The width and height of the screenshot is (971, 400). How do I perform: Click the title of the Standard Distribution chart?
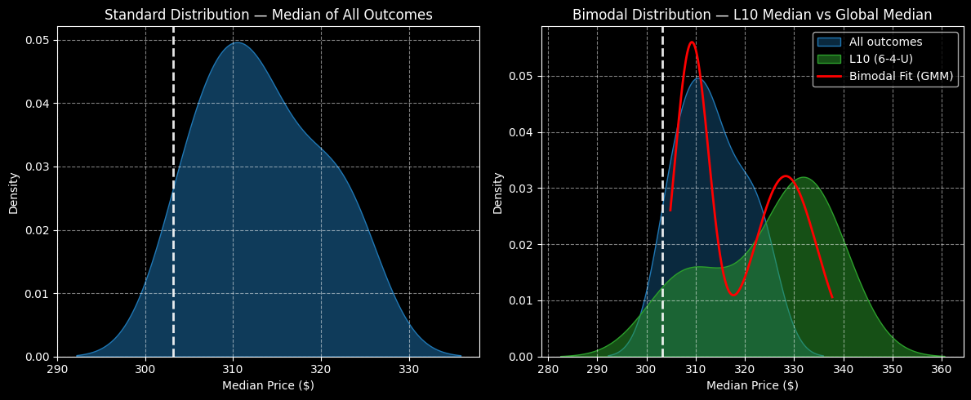(268, 15)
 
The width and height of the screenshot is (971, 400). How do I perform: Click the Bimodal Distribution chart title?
(751, 15)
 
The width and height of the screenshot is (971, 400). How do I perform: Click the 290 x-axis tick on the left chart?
(58, 368)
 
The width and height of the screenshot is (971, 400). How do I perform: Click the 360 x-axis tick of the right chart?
(942, 368)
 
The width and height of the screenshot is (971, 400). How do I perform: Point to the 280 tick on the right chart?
(549, 368)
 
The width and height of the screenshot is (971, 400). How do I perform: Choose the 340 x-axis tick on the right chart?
(844, 368)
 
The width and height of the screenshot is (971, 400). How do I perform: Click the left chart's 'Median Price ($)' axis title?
(268, 385)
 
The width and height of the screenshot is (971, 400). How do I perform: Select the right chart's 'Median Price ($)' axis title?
(751, 385)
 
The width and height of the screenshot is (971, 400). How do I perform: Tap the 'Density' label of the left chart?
(14, 193)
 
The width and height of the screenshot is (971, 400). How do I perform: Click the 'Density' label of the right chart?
(497, 193)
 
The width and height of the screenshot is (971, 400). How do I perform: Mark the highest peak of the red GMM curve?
(693, 42)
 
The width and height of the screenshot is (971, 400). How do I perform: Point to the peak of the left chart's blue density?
(237, 42)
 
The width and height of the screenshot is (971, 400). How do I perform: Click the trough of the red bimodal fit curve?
(733, 295)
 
